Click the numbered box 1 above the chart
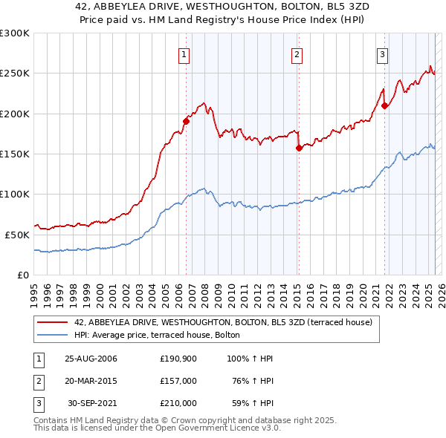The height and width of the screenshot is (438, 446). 183,53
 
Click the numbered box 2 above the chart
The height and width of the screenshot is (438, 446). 297,53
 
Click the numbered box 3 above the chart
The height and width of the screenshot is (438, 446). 382,53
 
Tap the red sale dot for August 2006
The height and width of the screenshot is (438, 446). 187,121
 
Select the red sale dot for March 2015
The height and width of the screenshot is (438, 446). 299,148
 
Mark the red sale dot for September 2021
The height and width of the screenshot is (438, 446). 384,105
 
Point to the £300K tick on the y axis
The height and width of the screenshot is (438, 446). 15,33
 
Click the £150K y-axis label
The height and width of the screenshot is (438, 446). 15,154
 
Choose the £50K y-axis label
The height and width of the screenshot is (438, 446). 17,234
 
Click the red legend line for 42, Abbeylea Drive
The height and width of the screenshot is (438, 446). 53,322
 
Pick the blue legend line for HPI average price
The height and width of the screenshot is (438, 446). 53,335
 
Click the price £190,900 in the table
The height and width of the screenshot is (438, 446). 178,359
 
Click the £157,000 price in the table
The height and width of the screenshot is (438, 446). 178,381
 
